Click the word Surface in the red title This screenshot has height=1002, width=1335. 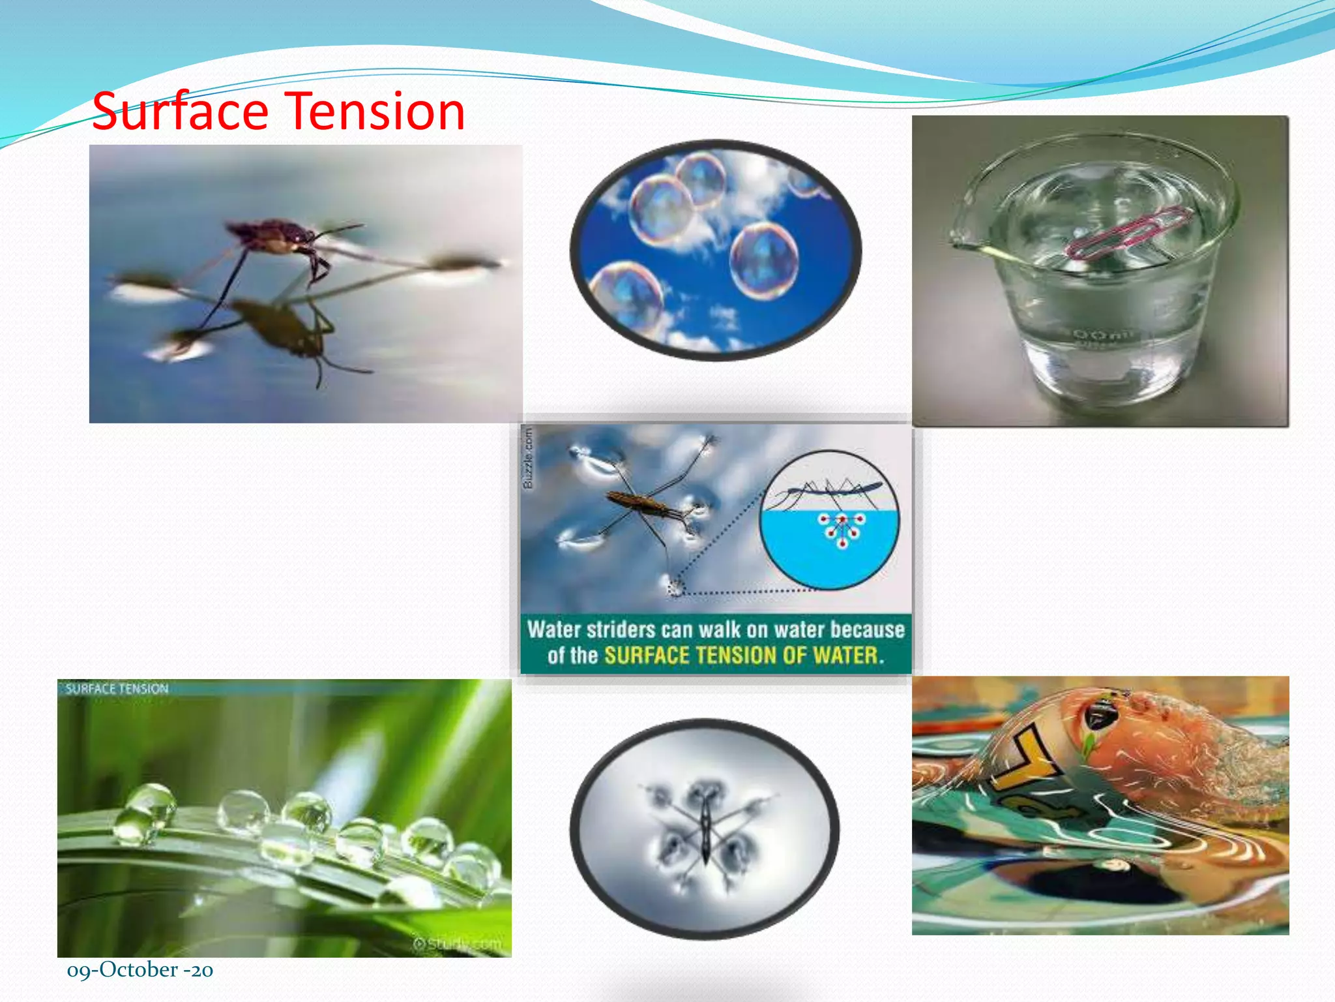click(x=180, y=112)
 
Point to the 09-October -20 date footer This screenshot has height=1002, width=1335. click(x=139, y=970)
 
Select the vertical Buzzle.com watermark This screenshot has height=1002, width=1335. click(x=528, y=457)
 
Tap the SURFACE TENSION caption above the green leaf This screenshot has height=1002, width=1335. click(x=117, y=689)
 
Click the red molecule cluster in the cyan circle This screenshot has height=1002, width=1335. click(x=842, y=528)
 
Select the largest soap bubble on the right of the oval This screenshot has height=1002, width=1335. click(x=763, y=260)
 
